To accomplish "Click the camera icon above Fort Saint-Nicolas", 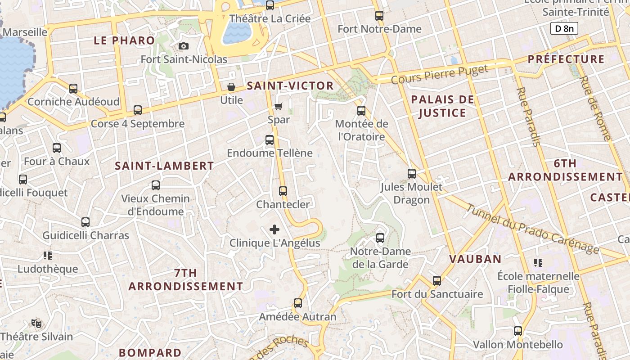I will click(x=183, y=46).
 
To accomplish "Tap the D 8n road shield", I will click(x=564, y=29).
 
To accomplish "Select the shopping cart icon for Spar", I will click(x=279, y=107).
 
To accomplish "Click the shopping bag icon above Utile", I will click(x=231, y=87).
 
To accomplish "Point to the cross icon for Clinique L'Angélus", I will click(x=274, y=230).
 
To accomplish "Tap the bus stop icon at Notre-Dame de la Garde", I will click(x=380, y=238).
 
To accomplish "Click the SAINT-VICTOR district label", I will click(x=290, y=86).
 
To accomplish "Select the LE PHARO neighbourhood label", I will click(x=124, y=40).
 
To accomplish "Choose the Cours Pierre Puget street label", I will click(x=439, y=74).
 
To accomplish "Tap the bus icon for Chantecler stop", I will click(x=283, y=191).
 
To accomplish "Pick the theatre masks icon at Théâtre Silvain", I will click(x=36, y=323).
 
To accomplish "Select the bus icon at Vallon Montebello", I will click(x=518, y=331).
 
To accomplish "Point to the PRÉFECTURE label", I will click(x=566, y=59).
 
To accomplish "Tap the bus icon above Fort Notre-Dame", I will click(x=379, y=16).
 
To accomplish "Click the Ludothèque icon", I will click(x=48, y=256).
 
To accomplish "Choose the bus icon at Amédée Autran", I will click(x=297, y=303).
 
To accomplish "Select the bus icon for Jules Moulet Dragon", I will click(x=411, y=174).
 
